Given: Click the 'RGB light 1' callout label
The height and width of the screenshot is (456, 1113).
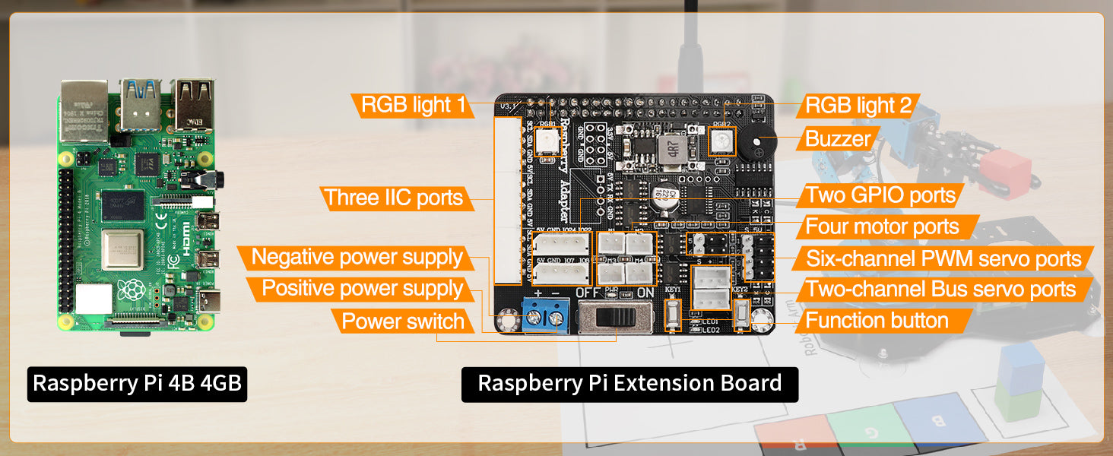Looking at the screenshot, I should pyautogui.click(x=413, y=105).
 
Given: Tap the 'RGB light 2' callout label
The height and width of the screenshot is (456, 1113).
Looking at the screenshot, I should pyautogui.click(x=858, y=105).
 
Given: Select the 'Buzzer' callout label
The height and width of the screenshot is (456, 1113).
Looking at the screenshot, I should pyautogui.click(x=838, y=138).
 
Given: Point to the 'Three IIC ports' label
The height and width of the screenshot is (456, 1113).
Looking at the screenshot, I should pyautogui.click(x=393, y=198).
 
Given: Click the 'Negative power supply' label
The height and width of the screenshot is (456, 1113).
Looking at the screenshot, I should pyautogui.click(x=357, y=257).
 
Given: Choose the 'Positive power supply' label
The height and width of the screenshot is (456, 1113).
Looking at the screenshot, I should pyautogui.click(x=362, y=289).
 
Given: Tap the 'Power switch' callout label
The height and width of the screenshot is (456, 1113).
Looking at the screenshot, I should pyautogui.click(x=402, y=321).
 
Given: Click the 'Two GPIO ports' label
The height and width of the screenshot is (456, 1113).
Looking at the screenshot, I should pyautogui.click(x=880, y=195).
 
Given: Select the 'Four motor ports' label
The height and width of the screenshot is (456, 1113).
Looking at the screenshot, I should pyautogui.click(x=882, y=226).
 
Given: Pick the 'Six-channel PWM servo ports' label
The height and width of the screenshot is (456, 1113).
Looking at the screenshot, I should pyautogui.click(x=943, y=258).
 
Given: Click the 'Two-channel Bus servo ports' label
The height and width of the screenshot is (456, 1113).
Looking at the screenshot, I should pyautogui.click(x=941, y=290).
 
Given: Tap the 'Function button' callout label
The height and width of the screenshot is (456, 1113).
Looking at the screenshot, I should pyautogui.click(x=877, y=321).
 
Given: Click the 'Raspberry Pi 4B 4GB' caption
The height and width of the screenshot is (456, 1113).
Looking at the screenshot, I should pyautogui.click(x=138, y=384).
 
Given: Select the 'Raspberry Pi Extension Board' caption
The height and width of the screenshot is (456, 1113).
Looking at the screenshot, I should pyautogui.click(x=629, y=384).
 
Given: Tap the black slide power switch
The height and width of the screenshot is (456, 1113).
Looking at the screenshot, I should pyautogui.click(x=616, y=315).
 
